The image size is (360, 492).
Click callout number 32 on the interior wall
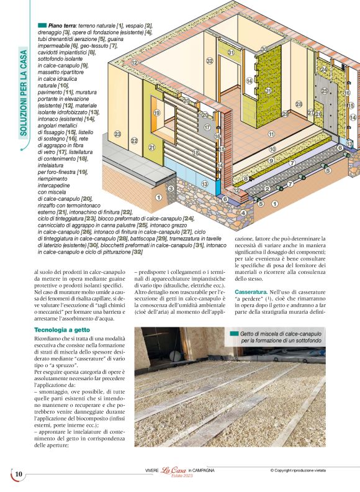[210, 60]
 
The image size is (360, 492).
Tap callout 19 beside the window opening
[156, 113]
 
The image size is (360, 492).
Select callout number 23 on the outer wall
[117, 134]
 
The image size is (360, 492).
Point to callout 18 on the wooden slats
[196, 152]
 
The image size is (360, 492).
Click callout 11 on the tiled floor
[271, 134]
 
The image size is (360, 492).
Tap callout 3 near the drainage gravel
[171, 188]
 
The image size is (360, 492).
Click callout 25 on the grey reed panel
[324, 90]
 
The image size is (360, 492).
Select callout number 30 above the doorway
[264, 49]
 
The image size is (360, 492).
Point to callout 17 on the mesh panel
[207, 127]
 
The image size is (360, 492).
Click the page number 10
[19, 474]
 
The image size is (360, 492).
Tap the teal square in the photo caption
[233, 334]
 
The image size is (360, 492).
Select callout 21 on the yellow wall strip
[151, 147]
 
